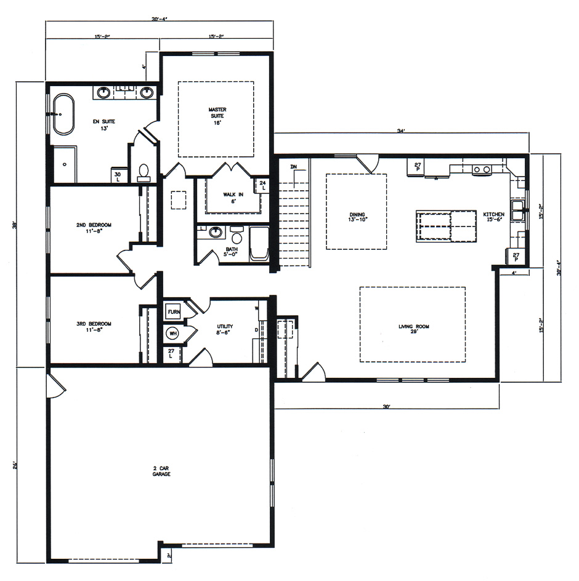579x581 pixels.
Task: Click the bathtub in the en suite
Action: click(x=63, y=114)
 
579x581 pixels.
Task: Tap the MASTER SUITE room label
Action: click(x=216, y=113)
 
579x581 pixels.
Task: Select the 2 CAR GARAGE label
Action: click(x=161, y=472)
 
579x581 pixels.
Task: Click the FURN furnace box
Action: click(x=173, y=312)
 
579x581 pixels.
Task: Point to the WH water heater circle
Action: click(x=172, y=334)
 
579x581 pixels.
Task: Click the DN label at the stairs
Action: click(x=294, y=167)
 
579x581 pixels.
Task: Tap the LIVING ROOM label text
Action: click(x=413, y=326)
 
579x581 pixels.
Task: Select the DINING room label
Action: click(x=356, y=217)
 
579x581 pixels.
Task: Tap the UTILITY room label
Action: click(x=225, y=329)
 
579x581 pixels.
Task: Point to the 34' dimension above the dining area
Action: click(x=401, y=130)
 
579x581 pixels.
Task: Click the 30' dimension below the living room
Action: click(x=386, y=406)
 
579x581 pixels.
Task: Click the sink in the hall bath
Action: click(x=216, y=233)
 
